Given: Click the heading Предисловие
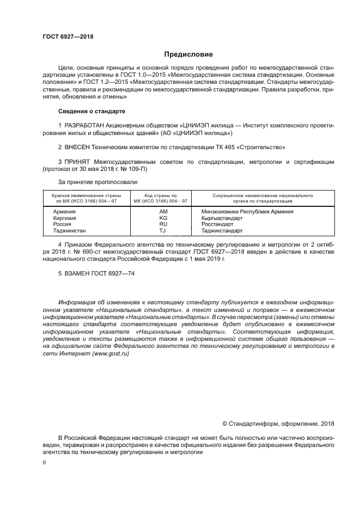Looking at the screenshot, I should click(189, 54).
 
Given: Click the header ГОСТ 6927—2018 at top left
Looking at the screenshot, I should click(68, 36).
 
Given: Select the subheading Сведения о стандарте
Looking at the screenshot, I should click(91, 111).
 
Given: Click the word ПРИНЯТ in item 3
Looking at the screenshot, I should click(79, 162).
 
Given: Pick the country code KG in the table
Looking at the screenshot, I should click(163, 218).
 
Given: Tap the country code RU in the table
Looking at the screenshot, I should click(163, 224).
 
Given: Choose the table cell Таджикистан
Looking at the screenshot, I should click(69, 231).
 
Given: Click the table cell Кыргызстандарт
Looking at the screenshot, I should click(222, 218).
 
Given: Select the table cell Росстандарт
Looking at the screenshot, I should click(217, 224).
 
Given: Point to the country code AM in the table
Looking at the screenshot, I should click(163, 211).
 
